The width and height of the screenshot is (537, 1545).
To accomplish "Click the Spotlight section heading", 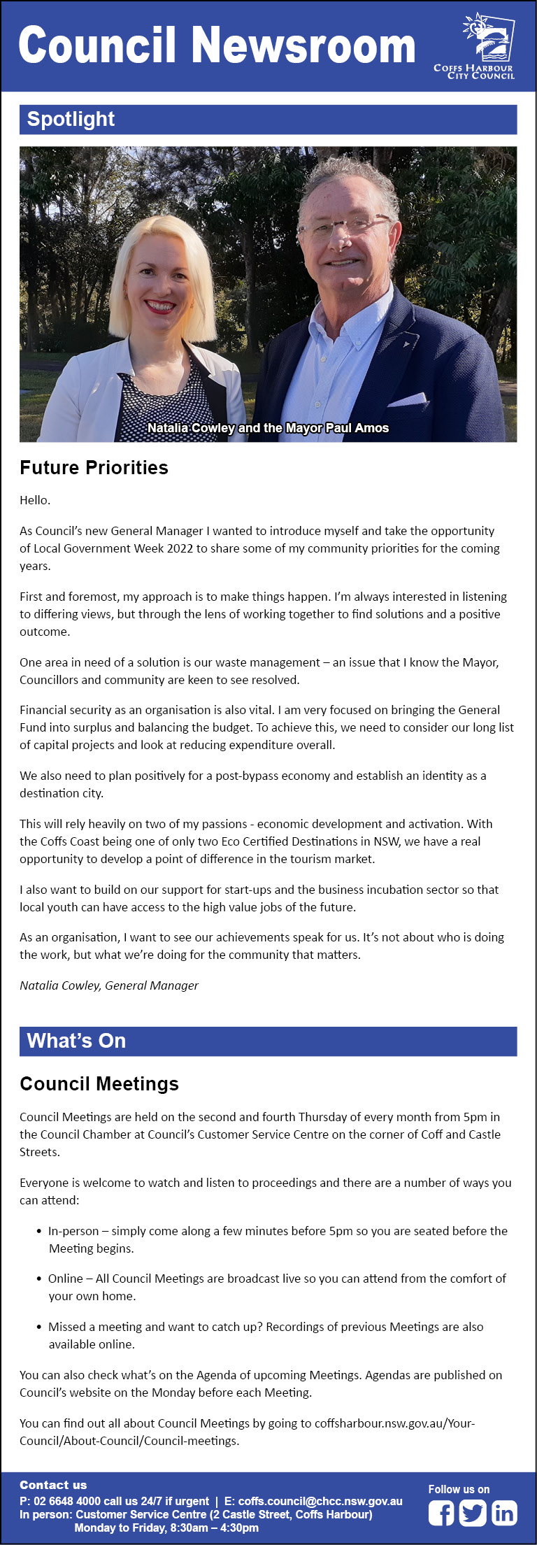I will click(x=71, y=120).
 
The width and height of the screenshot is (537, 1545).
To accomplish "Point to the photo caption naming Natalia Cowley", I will click(x=268, y=428).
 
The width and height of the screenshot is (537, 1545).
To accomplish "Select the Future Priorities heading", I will click(x=94, y=468).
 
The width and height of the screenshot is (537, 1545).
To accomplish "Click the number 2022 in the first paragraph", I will click(x=180, y=548).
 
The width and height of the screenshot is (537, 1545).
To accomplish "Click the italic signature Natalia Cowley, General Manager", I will click(x=109, y=985).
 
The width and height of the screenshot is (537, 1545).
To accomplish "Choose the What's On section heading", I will click(x=76, y=1041).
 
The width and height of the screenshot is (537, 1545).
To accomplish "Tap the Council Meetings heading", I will click(x=99, y=1083).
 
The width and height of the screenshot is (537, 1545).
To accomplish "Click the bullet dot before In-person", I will click(x=39, y=1231).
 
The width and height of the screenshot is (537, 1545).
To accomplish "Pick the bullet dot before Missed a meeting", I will click(x=39, y=1327).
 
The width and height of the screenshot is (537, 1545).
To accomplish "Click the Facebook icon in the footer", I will click(x=441, y=1514).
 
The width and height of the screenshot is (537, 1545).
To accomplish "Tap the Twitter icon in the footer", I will click(x=473, y=1514).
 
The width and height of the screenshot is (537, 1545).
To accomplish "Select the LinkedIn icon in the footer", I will click(x=504, y=1514).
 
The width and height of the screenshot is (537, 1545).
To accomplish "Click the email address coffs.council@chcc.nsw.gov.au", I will click(x=320, y=1501).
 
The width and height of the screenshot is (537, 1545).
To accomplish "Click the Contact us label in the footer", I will click(x=53, y=1485).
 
